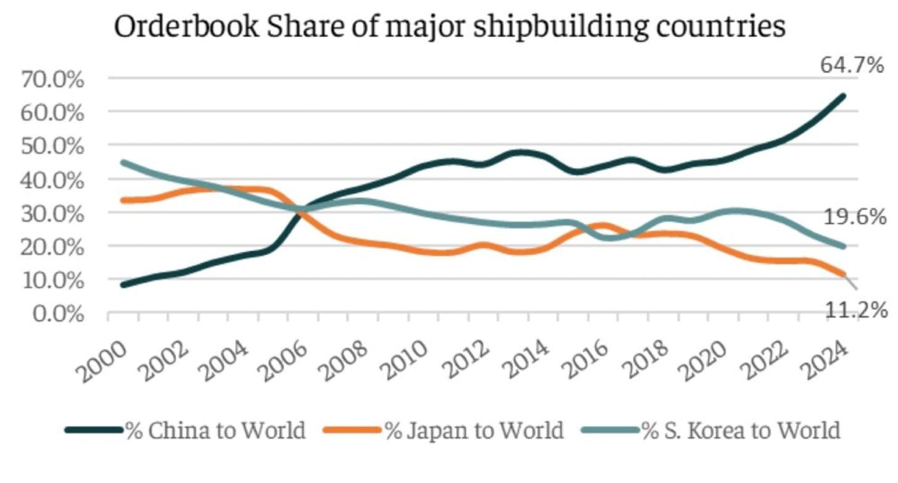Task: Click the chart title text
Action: pyautogui.click(x=450, y=27)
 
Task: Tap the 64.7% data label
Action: pyautogui.click(x=852, y=65)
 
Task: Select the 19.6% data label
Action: pyautogui.click(x=855, y=217)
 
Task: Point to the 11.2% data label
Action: pyautogui.click(x=856, y=310)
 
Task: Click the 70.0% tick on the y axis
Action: pyautogui.click(x=52, y=79)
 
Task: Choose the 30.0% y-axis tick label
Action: pyautogui.click(x=52, y=213)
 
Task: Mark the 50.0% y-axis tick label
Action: pyautogui.click(x=52, y=146)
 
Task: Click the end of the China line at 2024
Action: pyautogui.click(x=843, y=96)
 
